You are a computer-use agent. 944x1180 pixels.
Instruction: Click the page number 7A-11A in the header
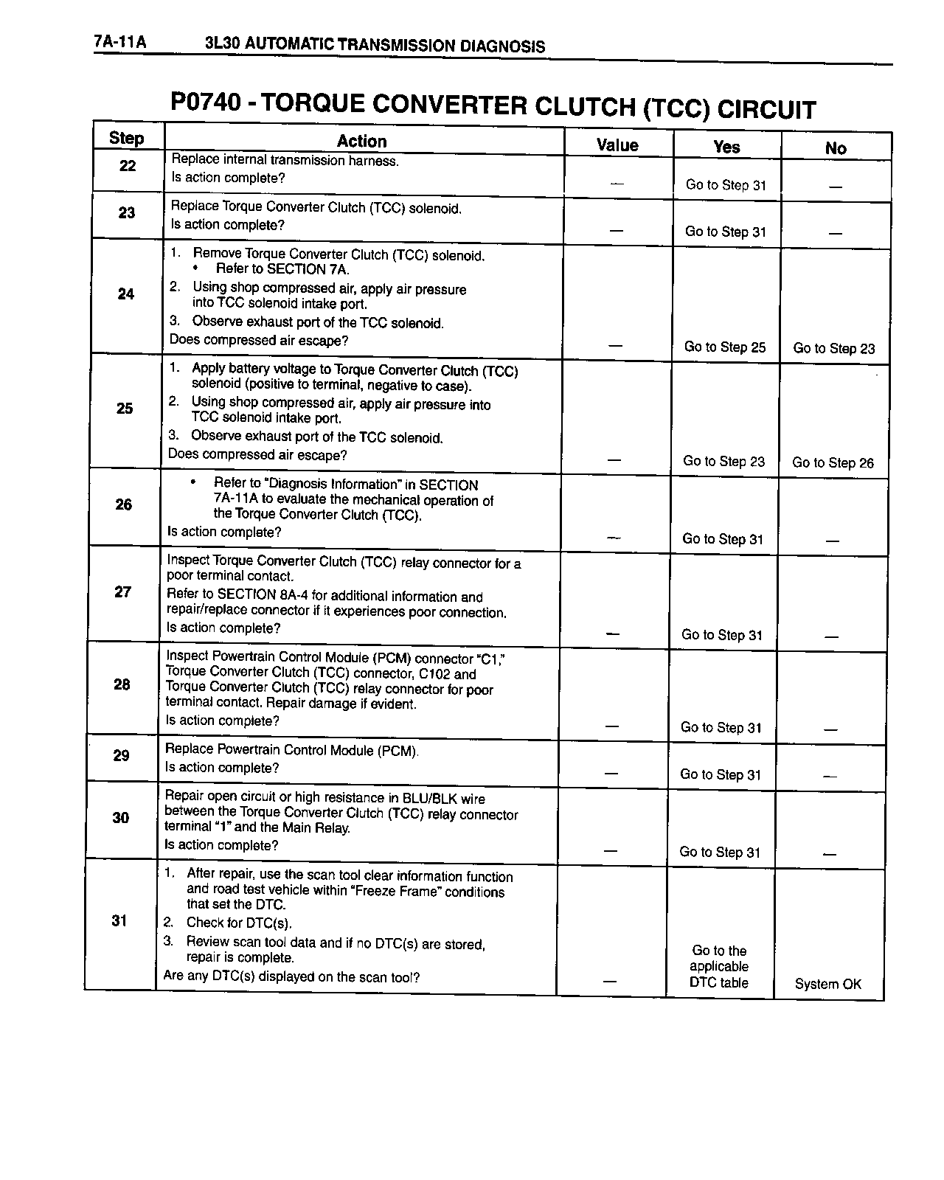coord(120,42)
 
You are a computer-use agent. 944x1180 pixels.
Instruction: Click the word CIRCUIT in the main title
coord(766,110)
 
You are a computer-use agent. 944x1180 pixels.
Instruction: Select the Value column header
coord(617,145)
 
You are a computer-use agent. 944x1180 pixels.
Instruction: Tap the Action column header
coord(361,142)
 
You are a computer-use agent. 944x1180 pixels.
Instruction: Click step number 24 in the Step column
coord(126,294)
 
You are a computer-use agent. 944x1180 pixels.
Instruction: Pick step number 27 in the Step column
coord(123,591)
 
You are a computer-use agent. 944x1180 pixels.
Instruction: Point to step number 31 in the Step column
coord(119,920)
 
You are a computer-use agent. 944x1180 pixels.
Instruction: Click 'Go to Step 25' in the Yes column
coord(725,347)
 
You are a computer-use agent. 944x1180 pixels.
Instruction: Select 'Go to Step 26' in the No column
coord(833,463)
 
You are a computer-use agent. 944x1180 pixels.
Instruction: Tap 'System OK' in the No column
coord(827,984)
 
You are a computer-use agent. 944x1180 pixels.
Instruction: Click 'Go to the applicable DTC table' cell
coord(719,967)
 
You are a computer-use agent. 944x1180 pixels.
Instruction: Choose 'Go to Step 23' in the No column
coord(834,348)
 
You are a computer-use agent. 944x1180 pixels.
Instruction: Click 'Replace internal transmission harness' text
coord(285,160)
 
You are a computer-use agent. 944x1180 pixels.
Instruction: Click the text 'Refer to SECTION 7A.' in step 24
coord(282,269)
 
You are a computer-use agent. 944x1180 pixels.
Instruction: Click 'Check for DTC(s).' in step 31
coord(239,923)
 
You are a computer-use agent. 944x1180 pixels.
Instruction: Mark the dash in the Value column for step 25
coord(614,459)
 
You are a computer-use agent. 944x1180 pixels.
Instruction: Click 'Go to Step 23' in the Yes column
coord(724,462)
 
